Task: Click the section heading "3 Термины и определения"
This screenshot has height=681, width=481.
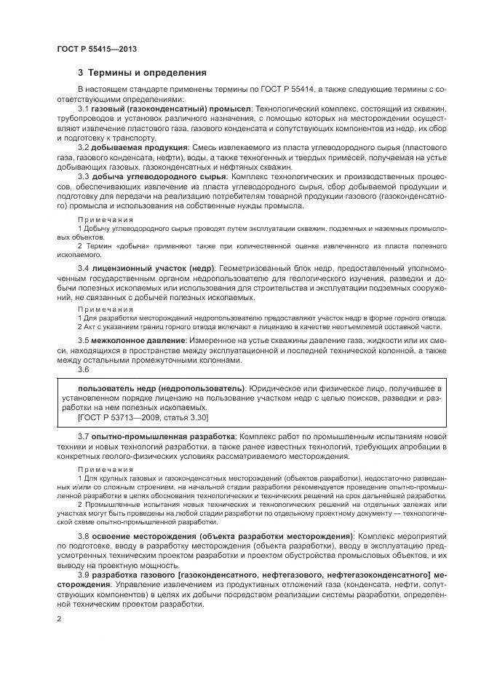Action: (142, 73)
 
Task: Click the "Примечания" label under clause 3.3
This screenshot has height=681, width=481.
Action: (106, 219)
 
